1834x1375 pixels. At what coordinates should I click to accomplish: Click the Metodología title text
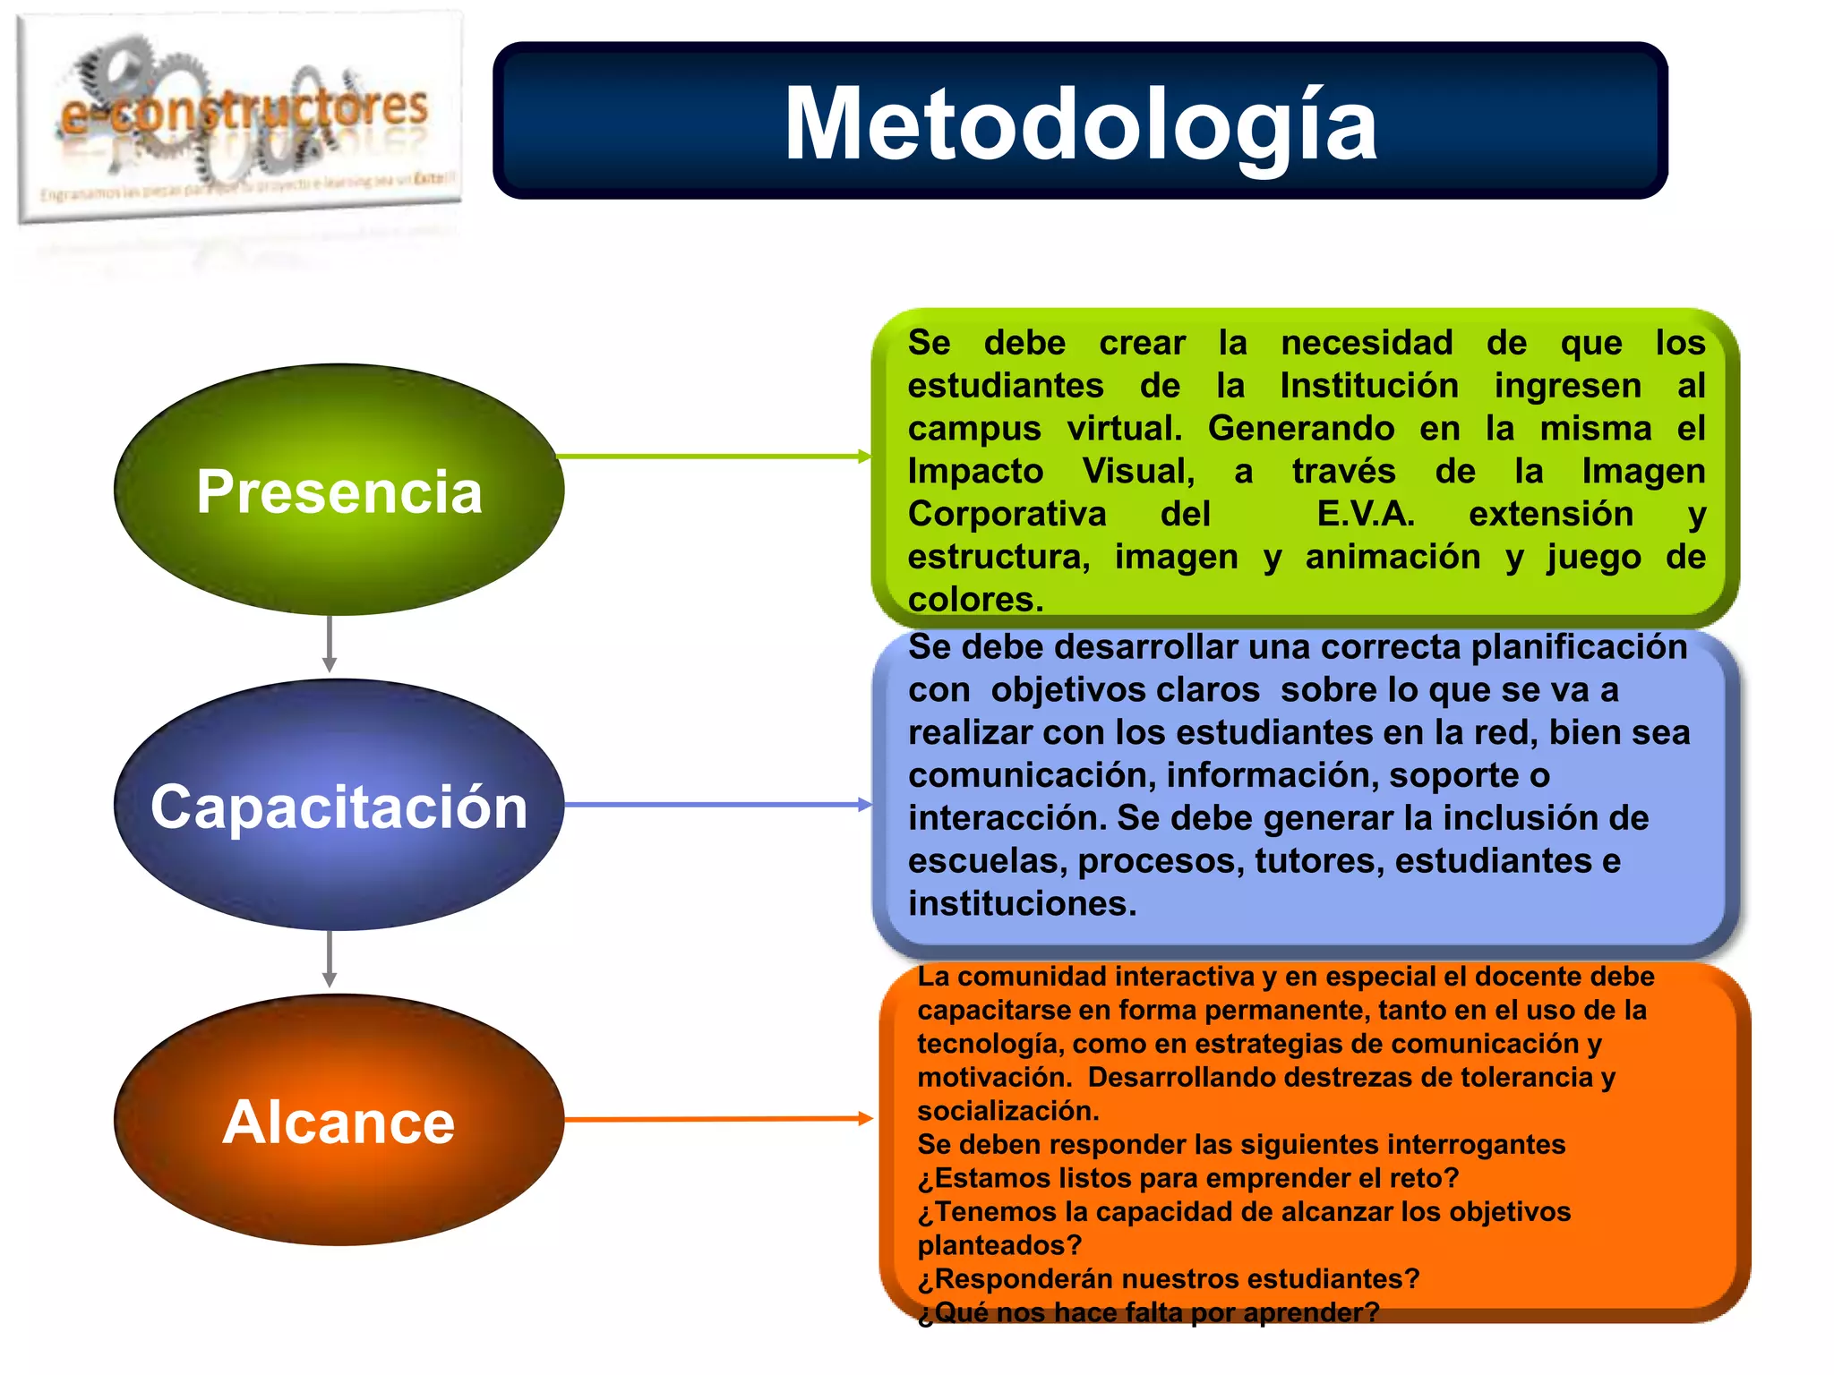[1080, 124]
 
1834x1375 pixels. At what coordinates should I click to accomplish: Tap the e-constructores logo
[240, 121]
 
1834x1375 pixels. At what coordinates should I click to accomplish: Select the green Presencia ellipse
[339, 490]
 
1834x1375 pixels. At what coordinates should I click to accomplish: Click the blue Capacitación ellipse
[339, 805]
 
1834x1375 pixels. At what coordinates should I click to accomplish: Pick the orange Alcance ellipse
[339, 1120]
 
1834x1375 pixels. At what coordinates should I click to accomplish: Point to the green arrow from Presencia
[712, 457]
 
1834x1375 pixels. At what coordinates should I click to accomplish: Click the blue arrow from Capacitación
[716, 805]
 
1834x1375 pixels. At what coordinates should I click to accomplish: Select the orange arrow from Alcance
[716, 1119]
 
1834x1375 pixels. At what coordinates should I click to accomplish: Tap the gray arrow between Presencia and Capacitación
[330, 645]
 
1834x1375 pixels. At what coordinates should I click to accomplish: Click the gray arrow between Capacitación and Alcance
[330, 960]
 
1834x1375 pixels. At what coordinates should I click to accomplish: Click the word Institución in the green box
[1368, 386]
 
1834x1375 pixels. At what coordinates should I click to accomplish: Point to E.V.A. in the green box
[1365, 514]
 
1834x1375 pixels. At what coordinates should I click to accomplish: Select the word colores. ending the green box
[975, 599]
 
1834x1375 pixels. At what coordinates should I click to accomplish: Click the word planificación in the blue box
[1579, 647]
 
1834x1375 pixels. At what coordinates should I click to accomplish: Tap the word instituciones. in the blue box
[1022, 903]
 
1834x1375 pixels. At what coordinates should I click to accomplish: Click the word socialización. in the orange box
[1007, 1111]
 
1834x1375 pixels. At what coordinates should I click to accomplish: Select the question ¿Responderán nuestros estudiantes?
[1168, 1278]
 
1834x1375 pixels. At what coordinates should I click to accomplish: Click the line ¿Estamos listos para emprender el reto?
[1187, 1178]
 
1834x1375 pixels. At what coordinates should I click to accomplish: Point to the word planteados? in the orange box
[999, 1245]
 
